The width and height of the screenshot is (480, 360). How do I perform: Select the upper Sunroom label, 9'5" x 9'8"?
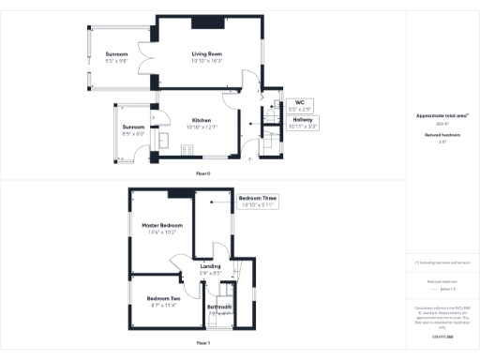[x=116, y=56]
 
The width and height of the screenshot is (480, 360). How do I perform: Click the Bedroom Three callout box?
[x=257, y=202]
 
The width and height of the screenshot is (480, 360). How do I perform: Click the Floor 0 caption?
[x=203, y=174]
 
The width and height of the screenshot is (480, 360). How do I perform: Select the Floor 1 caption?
[x=203, y=344]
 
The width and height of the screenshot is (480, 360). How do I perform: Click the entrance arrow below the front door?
[x=249, y=160]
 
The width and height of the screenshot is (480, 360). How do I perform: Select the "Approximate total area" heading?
[x=441, y=116]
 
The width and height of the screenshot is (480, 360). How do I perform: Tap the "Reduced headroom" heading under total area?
[x=441, y=136]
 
